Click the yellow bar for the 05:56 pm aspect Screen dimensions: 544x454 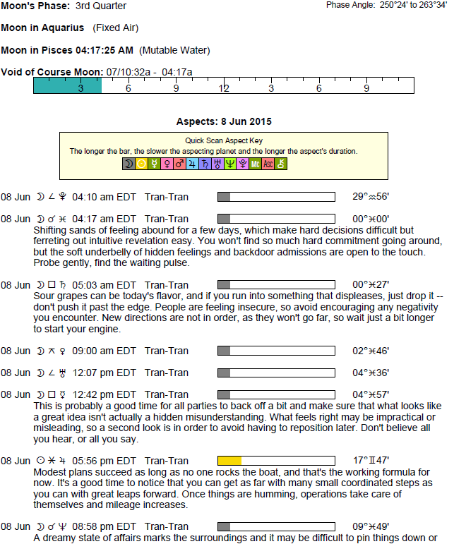pyautogui.click(x=230, y=461)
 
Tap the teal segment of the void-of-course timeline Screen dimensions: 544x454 pyautogui.click(x=67, y=85)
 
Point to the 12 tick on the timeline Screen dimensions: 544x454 pyautogui.click(x=224, y=89)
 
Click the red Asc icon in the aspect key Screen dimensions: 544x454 pyautogui.click(x=268, y=164)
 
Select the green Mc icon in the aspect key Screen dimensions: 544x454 pyautogui.click(x=256, y=164)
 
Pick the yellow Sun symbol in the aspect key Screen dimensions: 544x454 pyautogui.click(x=141, y=164)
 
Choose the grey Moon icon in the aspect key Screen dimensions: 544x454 pyautogui.click(x=129, y=164)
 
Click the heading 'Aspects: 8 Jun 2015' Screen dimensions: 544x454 pyautogui.click(x=224, y=121)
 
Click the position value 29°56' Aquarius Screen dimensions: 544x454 pyautogui.click(x=371, y=197)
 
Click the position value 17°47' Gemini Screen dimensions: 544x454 pyautogui.click(x=371, y=461)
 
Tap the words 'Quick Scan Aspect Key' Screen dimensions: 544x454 pyautogui.click(x=224, y=140)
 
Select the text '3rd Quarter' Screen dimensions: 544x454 pyautogui.click(x=100, y=6)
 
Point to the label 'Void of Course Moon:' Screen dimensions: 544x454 pyautogui.click(x=52, y=72)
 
